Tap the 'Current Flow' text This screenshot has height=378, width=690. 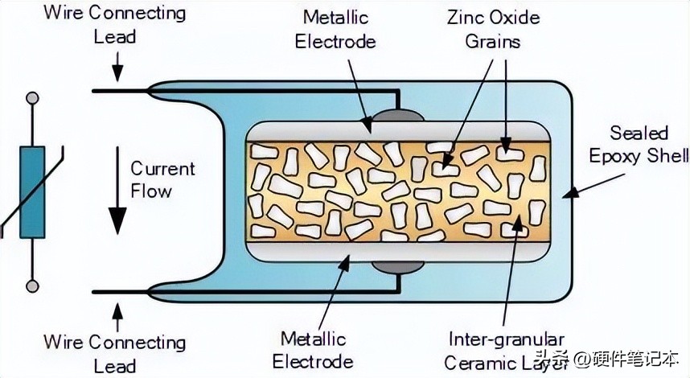coord(162,179)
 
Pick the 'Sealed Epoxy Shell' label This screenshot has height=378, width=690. coord(639,145)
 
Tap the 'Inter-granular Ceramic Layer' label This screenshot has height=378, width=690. coord(507,351)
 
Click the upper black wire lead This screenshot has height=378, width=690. coord(145,91)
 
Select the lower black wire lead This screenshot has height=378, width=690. coord(145,291)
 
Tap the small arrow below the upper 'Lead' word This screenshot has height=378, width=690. coord(117,66)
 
